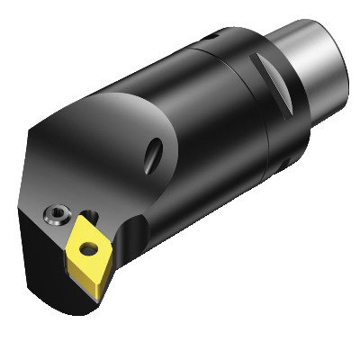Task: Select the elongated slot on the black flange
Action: [268, 84]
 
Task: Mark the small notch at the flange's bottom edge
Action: [284, 163]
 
